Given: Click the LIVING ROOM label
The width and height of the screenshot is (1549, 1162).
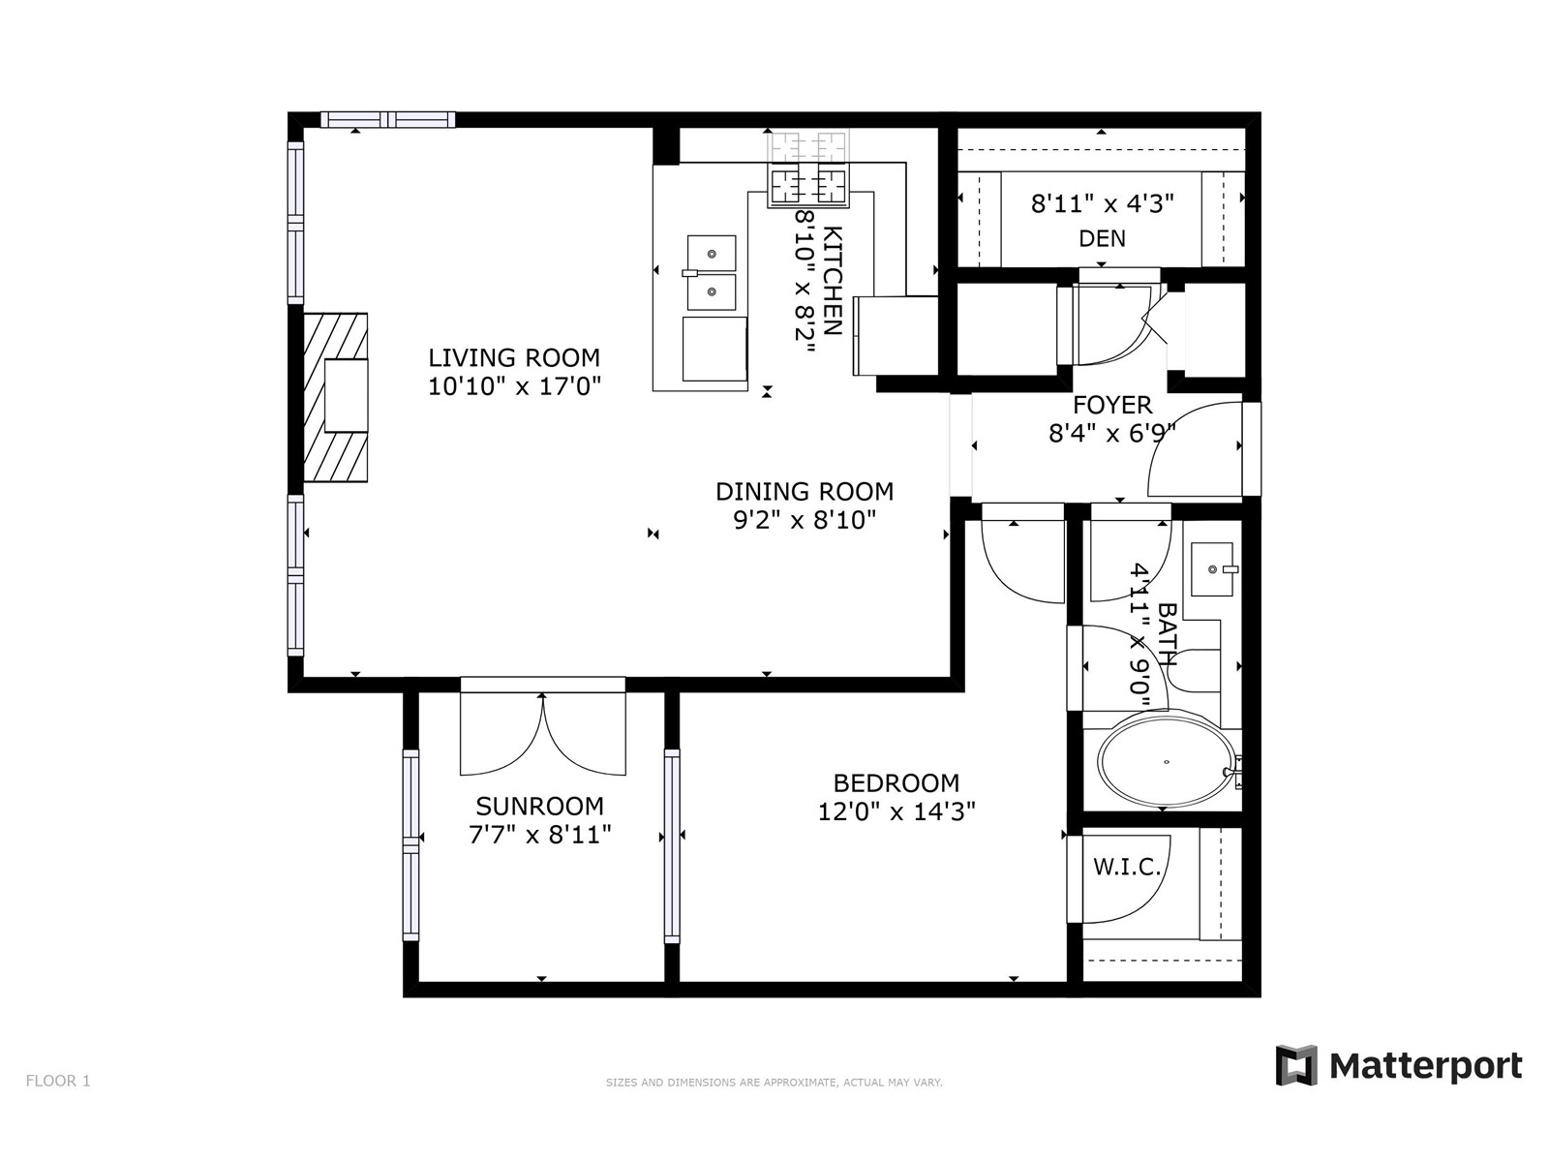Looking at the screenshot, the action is click(514, 357).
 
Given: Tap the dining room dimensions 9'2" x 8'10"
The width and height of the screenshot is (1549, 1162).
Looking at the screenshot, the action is click(805, 520).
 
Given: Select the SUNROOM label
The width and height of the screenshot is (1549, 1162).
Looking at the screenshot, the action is click(540, 806).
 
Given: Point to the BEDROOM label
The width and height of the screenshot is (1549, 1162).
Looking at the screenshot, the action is click(896, 783).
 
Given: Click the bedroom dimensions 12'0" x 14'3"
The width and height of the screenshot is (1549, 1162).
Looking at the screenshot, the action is click(896, 812).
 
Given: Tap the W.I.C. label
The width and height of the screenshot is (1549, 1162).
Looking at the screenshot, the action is click(1127, 867).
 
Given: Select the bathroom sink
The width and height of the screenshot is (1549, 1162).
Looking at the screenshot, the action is click(1212, 569).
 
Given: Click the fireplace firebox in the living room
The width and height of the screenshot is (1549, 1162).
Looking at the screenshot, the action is click(346, 395).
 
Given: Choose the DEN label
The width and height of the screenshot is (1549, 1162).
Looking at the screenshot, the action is click(1103, 238).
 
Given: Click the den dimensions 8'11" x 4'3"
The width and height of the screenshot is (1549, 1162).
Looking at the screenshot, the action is click(1103, 204).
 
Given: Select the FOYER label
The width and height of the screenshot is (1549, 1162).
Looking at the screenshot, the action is click(1112, 405).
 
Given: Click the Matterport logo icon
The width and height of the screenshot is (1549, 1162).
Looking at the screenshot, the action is click(1296, 1065).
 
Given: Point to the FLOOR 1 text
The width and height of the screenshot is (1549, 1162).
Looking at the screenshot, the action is click(58, 1081).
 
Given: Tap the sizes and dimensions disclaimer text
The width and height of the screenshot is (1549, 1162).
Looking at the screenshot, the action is click(774, 1083).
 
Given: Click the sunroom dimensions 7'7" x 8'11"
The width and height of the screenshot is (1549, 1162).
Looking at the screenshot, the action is click(540, 836).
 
